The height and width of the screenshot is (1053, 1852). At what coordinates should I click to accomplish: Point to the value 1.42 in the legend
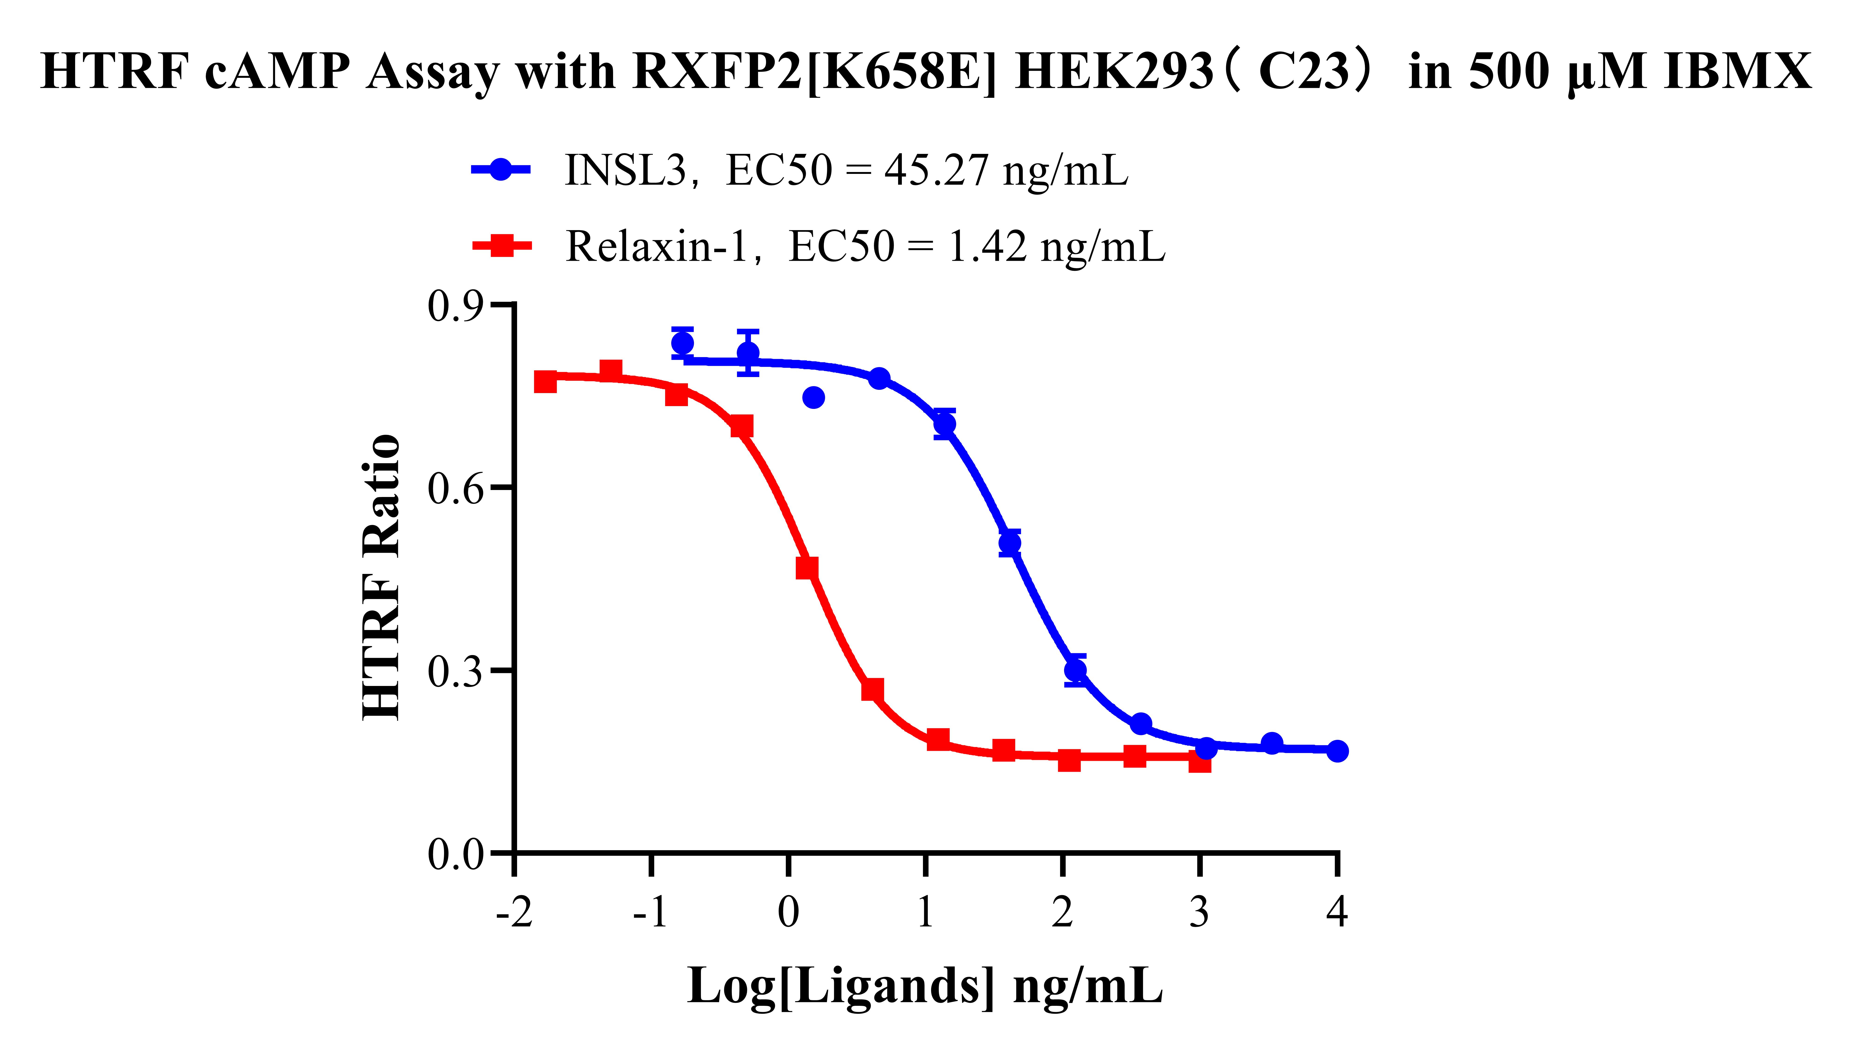point(986,247)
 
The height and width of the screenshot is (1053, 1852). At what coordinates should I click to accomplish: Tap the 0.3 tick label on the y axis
point(456,671)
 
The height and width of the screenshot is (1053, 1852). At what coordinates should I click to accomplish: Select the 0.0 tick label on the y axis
point(456,854)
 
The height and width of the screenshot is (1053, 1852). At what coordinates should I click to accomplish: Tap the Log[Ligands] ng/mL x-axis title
point(925,986)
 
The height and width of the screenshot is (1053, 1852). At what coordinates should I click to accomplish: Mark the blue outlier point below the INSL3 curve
point(813,397)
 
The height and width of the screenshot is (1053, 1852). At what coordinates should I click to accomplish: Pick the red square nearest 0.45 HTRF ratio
point(807,568)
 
